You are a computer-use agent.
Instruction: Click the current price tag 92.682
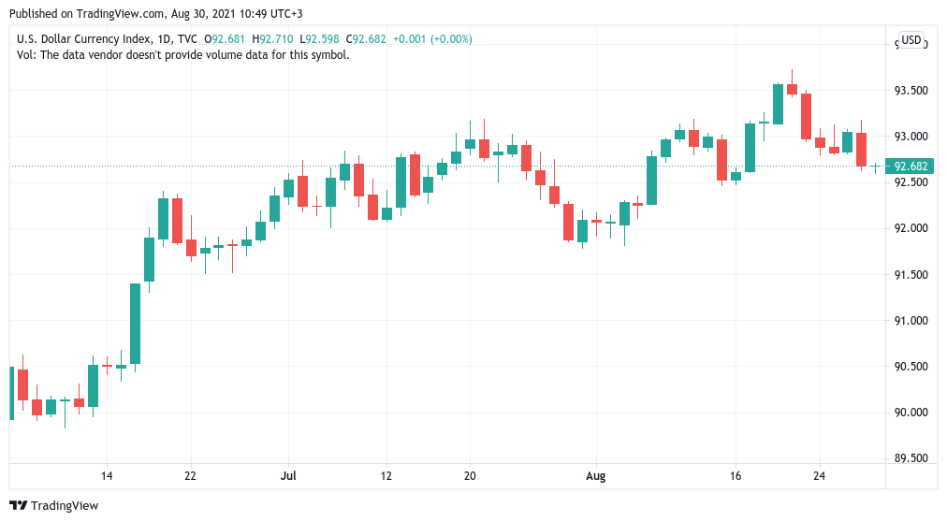click(911, 167)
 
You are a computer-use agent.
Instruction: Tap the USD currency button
click(911, 40)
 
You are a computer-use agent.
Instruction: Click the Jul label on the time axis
click(288, 476)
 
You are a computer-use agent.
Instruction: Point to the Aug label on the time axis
click(595, 476)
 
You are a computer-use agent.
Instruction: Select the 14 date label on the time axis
click(107, 476)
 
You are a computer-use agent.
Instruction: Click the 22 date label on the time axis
click(191, 476)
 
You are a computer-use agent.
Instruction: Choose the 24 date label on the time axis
click(820, 476)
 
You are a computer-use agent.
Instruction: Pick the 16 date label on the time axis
click(736, 476)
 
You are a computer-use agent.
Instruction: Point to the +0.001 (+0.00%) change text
click(432, 39)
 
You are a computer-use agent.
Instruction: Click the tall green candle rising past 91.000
click(135, 323)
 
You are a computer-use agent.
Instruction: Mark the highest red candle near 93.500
click(792, 90)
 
